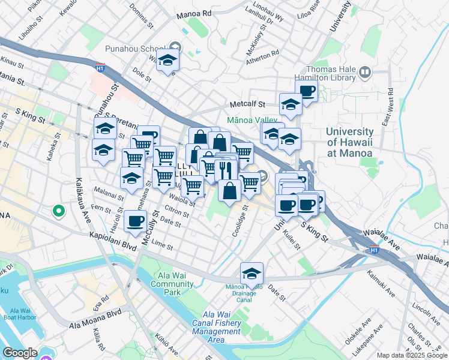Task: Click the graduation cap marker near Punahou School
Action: [168, 59]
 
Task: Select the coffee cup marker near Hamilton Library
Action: [306, 92]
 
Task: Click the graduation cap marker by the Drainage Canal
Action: [252, 273]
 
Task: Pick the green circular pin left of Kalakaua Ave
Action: [58, 211]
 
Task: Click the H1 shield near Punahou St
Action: [100, 68]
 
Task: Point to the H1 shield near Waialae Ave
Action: [373, 249]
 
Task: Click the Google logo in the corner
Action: [20, 353]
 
